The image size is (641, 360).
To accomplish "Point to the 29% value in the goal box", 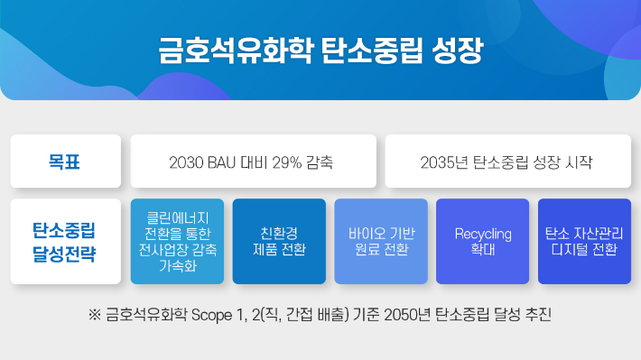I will pyautogui.click(x=287, y=163).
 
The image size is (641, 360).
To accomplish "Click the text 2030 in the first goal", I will pyautogui.click(x=186, y=163).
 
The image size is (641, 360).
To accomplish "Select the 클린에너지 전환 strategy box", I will pyautogui.click(x=176, y=241).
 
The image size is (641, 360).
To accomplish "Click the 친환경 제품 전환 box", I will pyautogui.click(x=279, y=241).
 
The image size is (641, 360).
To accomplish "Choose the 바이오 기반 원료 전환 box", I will pyautogui.click(x=381, y=241).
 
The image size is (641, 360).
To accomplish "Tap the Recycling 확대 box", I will pyautogui.click(x=483, y=241).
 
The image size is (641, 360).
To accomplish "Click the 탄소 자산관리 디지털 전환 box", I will pyautogui.click(x=584, y=241).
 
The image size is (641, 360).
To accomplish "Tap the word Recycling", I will pyautogui.click(x=483, y=234).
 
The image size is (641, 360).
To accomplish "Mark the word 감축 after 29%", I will pyautogui.click(x=320, y=163).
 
